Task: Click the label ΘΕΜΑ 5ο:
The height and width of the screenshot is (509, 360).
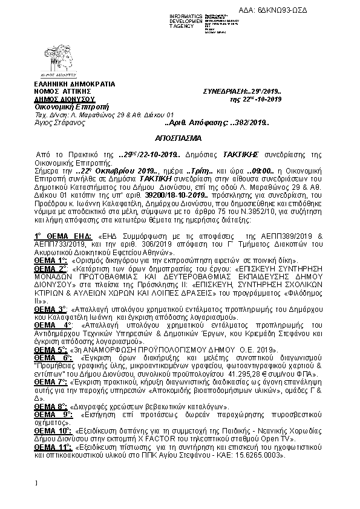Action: (x=50, y=350)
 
